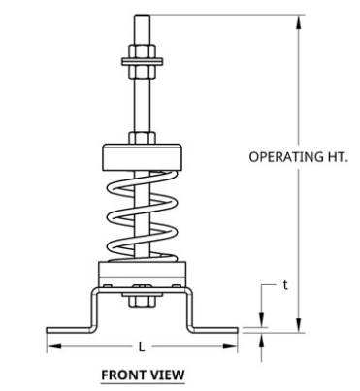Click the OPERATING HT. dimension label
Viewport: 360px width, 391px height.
tap(298, 157)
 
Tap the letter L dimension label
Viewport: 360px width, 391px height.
tap(142, 347)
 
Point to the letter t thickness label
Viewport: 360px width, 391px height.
tap(285, 285)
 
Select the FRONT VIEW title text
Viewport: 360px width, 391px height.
tap(143, 375)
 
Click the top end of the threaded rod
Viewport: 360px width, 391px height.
tap(143, 15)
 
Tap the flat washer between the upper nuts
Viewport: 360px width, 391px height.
tap(143, 61)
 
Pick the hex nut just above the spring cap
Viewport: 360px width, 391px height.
tap(143, 138)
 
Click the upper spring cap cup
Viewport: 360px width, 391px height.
tap(142, 157)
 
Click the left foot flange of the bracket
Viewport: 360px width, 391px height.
tap(68, 330)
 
